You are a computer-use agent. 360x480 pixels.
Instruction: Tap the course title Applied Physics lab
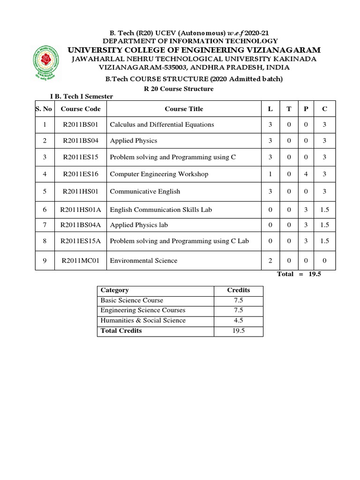coord(139,225)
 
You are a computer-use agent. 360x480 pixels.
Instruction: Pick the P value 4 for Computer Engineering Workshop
coord(306,174)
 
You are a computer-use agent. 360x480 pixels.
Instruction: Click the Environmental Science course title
coord(143,261)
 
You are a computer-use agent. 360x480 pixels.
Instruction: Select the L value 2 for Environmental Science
coord(270,261)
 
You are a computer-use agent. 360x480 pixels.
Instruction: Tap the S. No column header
coord(45,109)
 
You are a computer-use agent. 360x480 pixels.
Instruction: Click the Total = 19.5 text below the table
coord(299,274)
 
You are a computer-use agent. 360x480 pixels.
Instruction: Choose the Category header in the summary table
coord(115,290)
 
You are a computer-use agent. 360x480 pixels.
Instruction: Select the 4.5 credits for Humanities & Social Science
coord(238,321)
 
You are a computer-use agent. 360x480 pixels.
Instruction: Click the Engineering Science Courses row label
coord(143,310)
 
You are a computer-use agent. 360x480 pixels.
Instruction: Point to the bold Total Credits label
coord(121,331)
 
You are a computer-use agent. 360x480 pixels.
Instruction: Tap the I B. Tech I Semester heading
coord(82,97)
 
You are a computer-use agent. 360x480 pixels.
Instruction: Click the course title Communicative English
coord(145,192)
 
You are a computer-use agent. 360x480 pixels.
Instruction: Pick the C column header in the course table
coord(325,109)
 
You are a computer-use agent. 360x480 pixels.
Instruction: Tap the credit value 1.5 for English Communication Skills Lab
coord(325,210)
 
